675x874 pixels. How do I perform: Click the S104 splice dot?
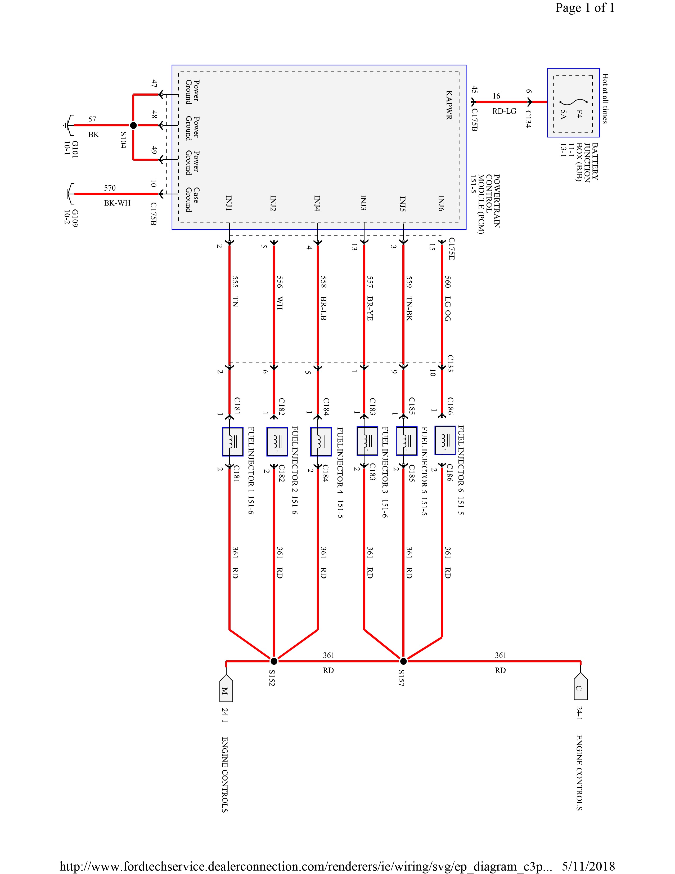[134, 125]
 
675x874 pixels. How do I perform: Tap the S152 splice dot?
[274, 661]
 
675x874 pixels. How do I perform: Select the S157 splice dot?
[403, 661]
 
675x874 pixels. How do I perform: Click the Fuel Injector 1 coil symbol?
[232, 442]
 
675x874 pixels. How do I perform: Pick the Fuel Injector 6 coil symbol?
[445, 440]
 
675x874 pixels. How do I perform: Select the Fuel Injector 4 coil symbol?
[321, 442]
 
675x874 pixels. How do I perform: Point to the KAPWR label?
[449, 105]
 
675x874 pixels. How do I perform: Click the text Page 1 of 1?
[585, 8]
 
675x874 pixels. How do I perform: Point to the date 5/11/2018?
[588, 866]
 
